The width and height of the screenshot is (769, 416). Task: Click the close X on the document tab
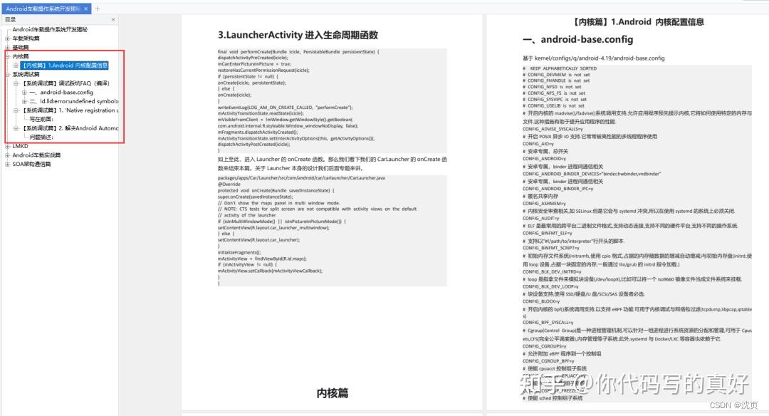(86, 9)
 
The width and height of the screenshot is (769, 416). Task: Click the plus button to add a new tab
(98, 9)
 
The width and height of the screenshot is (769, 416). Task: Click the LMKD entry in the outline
(20, 146)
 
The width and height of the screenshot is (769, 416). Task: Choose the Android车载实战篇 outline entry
(36, 155)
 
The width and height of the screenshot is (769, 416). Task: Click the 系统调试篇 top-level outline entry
(26, 74)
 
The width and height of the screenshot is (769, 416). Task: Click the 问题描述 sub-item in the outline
(42, 137)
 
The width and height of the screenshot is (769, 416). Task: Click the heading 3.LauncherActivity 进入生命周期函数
(298, 35)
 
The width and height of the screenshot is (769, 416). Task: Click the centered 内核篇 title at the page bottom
(333, 392)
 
